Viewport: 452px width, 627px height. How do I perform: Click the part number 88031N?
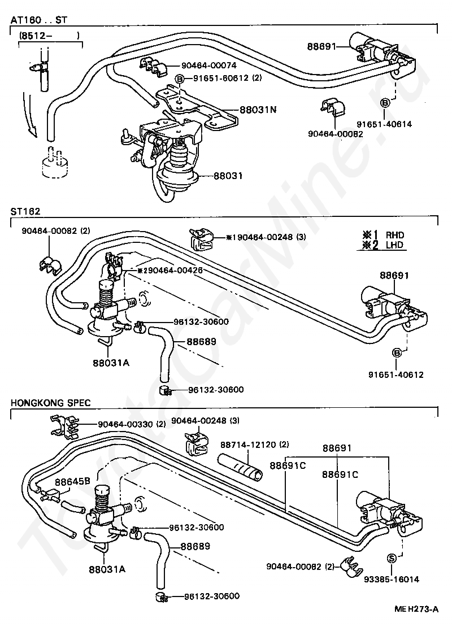[x=258, y=109]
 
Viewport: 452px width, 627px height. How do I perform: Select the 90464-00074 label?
[x=208, y=66]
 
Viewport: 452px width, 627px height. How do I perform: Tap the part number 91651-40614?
[x=384, y=124]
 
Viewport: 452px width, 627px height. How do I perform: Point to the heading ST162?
[x=25, y=211]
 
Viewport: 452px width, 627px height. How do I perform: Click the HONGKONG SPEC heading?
[x=51, y=403]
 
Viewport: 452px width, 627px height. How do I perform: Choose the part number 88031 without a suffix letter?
[x=228, y=176]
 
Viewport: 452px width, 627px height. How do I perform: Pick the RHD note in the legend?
[x=395, y=235]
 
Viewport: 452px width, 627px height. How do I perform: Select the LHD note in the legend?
[x=395, y=245]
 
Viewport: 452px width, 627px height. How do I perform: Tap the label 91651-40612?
[x=396, y=375]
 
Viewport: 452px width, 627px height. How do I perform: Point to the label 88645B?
[x=73, y=482]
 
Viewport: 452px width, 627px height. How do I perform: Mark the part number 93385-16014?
[x=392, y=578]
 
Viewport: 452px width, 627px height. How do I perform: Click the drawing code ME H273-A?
[x=416, y=609]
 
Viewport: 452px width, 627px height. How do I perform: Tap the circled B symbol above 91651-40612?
[x=397, y=352]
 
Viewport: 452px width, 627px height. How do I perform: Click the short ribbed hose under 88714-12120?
[x=240, y=465]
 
